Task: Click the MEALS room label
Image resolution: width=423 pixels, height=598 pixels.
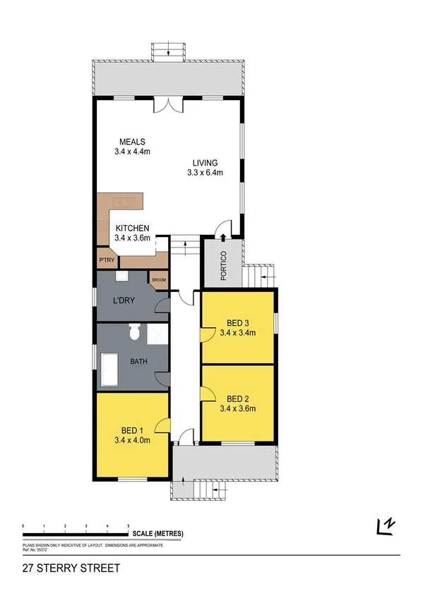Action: tap(132, 141)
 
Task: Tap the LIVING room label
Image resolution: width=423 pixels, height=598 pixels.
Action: tap(205, 163)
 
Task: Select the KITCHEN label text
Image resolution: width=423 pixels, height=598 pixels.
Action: tap(132, 228)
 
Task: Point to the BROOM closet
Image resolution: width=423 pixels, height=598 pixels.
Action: tap(158, 281)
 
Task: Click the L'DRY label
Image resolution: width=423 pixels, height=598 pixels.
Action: tap(125, 302)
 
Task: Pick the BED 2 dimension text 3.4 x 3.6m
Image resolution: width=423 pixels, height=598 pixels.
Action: tap(237, 408)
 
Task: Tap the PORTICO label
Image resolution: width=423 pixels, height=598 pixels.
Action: tap(224, 267)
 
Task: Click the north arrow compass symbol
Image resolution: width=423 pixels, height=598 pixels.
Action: tap(386, 526)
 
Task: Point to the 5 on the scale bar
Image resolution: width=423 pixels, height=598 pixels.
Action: tap(128, 526)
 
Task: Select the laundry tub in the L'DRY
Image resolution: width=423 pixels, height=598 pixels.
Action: tap(121, 277)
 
